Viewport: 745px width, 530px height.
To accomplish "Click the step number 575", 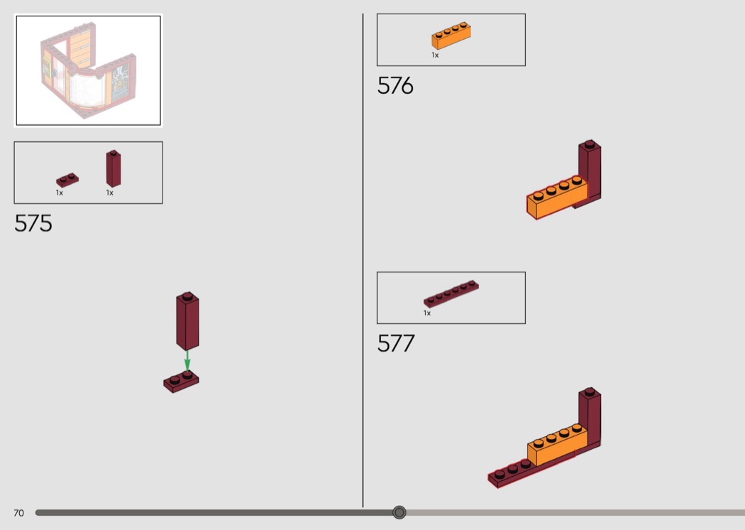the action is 33,223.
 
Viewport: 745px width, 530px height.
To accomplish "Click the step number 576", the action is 395,86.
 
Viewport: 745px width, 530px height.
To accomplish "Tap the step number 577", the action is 396,343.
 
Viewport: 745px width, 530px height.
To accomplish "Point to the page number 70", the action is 18,513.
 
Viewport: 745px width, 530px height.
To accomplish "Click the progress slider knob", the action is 399,512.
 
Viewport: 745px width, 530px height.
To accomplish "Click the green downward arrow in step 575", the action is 187,360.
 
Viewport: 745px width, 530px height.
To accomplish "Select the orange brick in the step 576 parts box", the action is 451,36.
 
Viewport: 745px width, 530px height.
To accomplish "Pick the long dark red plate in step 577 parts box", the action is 451,293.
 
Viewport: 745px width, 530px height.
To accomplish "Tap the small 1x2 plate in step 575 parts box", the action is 67,180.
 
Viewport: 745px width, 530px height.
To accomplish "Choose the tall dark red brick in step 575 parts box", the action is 113,169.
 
